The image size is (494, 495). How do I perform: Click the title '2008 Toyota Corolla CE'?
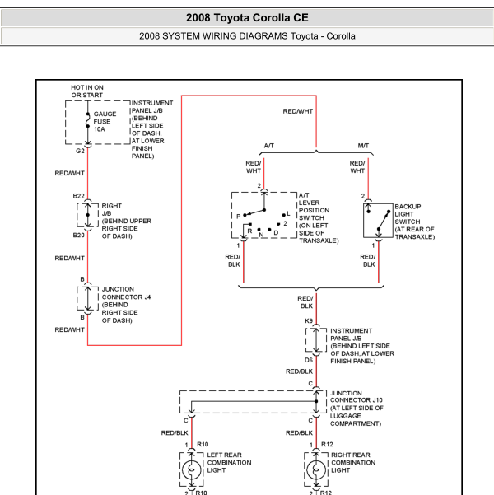pyautogui.click(x=247, y=17)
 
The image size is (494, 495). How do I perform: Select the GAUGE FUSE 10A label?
pyautogui.click(x=105, y=122)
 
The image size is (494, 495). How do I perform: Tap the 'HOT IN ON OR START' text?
pyautogui.click(x=87, y=91)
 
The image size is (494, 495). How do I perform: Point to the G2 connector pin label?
pyautogui.click(x=80, y=151)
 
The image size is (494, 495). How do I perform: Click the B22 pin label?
pyautogui.click(x=78, y=196)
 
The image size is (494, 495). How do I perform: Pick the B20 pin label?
pyautogui.click(x=78, y=236)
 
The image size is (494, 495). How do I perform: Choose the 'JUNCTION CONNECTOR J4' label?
pyautogui.click(x=126, y=293)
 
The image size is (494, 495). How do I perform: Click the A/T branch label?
pyautogui.click(x=269, y=146)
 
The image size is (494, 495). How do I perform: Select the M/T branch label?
pyautogui.click(x=363, y=146)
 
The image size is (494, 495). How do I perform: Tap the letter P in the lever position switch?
pyautogui.click(x=238, y=217)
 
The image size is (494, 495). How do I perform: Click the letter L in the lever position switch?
pyautogui.click(x=288, y=213)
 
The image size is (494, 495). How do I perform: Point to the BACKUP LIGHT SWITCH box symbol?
pyautogui.click(x=378, y=221)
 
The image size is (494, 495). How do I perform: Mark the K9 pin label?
pyautogui.click(x=309, y=320)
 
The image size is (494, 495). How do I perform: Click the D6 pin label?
pyautogui.click(x=309, y=360)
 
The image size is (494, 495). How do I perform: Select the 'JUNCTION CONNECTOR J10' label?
pyautogui.click(x=357, y=397)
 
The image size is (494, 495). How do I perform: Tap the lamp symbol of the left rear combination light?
pyautogui.click(x=191, y=470)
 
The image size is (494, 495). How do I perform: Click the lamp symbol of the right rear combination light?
pyautogui.click(x=316, y=470)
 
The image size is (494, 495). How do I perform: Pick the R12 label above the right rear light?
pyautogui.click(x=327, y=445)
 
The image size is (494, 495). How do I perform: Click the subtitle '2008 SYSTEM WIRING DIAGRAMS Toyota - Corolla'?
pyautogui.click(x=247, y=36)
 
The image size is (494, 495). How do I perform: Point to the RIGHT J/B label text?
pyautogui.click(x=111, y=210)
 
